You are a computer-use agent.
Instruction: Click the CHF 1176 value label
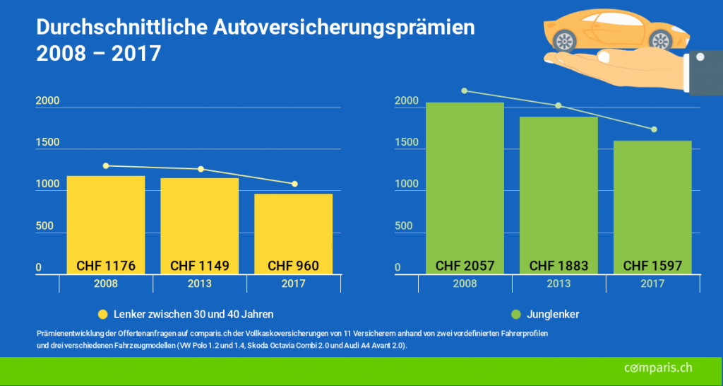point(106,267)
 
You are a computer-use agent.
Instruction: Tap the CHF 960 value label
point(294,267)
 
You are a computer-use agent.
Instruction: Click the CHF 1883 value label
point(558,267)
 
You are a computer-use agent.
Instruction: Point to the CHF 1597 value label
point(652,267)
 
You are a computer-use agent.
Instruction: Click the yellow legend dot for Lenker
point(102,314)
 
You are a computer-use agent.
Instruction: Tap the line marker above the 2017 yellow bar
point(294,184)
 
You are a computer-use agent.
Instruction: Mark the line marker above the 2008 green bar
point(465,90)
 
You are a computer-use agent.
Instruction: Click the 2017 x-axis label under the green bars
point(652,283)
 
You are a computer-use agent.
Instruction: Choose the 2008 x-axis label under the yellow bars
point(106,283)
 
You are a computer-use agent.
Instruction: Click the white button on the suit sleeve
point(700,56)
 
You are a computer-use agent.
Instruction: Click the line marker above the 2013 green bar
point(558,106)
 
